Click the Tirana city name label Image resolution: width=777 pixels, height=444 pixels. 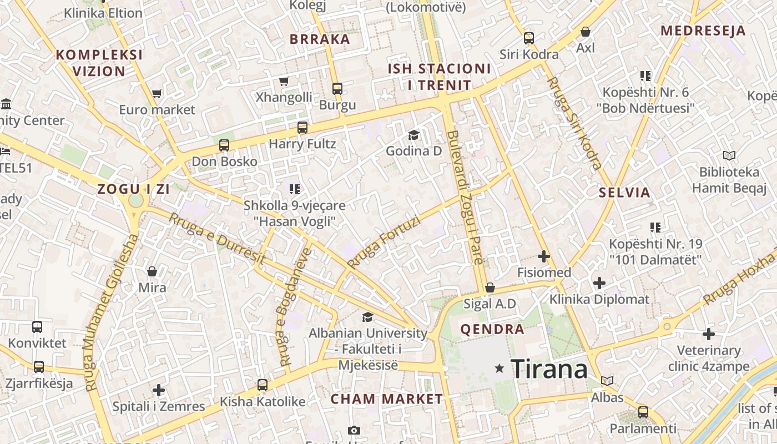549,369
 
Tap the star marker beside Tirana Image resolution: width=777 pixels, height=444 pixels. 500,368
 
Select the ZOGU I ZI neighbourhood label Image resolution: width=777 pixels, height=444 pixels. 133,189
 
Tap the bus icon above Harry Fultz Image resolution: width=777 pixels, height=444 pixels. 302,128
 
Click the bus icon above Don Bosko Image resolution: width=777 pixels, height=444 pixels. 224,145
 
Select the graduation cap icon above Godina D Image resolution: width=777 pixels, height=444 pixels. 413,135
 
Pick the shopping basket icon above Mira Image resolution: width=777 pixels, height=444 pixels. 152,271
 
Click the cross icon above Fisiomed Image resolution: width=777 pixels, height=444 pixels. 544,256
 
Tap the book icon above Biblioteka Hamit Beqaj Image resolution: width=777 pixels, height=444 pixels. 729,156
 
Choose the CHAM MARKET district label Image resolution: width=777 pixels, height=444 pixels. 387,399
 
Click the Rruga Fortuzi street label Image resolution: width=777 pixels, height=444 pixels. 384,242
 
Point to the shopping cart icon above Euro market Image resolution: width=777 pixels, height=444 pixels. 157,94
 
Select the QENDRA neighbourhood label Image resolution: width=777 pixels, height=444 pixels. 492,329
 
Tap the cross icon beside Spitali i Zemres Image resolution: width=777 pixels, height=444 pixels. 159,390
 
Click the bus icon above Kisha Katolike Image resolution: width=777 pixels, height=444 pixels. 263,385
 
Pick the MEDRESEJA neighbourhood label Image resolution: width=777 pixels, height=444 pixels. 703,31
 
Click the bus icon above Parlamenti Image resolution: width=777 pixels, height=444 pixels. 643,412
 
